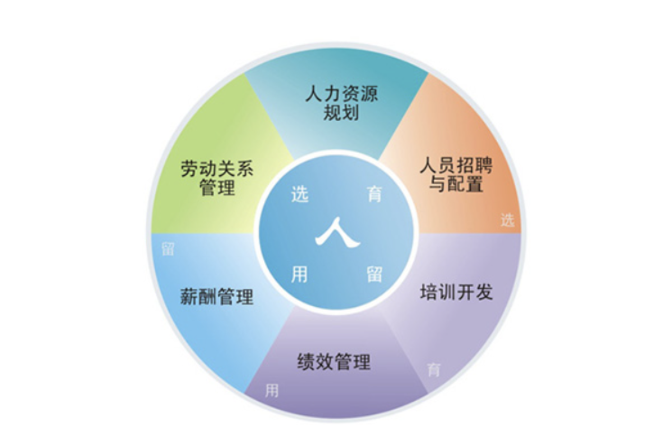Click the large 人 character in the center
point(337,232)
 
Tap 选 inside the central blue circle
point(299,194)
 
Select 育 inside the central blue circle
point(374,194)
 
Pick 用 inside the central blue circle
point(299,274)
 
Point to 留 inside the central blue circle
point(374,274)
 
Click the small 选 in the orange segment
point(507,220)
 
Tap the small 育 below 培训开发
point(433,370)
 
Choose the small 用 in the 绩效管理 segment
point(272,390)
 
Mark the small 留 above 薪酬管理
point(168,249)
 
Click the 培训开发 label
point(456,292)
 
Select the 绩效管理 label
point(334,362)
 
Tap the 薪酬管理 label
point(216,297)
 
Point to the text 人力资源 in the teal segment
point(341,94)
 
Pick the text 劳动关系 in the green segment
point(217,169)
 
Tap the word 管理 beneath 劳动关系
point(217,187)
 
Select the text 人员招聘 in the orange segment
point(456,166)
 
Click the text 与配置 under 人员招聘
point(456,184)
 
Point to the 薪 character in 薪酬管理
point(189,297)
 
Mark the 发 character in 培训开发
point(483,292)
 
